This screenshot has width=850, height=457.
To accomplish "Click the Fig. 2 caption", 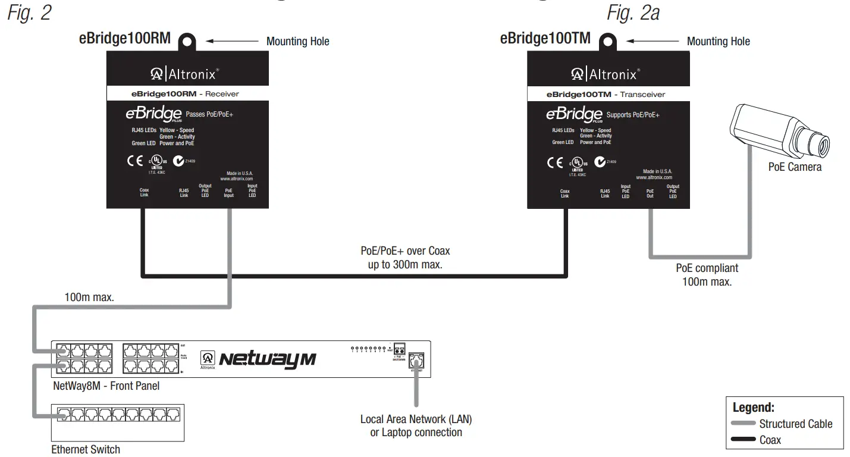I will (29, 14).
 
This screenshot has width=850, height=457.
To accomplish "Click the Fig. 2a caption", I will (633, 14).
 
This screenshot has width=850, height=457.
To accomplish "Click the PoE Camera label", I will (795, 167).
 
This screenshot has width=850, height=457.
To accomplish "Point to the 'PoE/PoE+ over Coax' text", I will (405, 251).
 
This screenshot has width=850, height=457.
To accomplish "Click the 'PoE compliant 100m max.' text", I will (707, 275).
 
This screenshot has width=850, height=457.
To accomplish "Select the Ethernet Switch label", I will (86, 449).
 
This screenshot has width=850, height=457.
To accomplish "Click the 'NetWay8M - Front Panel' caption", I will (106, 386).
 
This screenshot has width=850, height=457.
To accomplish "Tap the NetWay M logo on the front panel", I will (268, 359).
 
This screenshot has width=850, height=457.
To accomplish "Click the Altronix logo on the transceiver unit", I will (604, 74).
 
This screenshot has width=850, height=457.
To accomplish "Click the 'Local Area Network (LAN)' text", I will (416, 419).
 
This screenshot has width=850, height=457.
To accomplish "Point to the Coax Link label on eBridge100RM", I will (144, 193).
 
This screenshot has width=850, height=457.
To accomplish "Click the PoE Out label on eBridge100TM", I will (650, 193).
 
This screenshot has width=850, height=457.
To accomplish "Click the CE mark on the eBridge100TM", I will (556, 162).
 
